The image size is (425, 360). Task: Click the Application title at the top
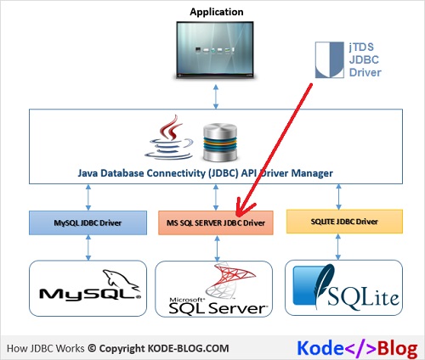click(x=216, y=12)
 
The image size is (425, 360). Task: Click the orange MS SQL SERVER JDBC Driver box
click(x=215, y=222)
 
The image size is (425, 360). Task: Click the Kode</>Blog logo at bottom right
click(x=357, y=347)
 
